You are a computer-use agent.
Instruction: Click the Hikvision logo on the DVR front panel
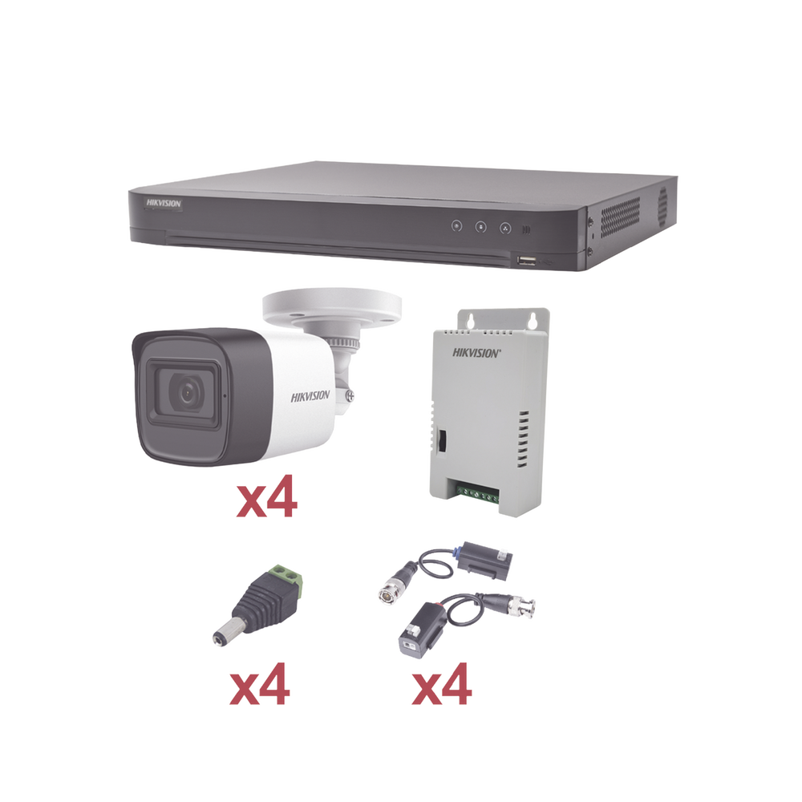pyautogui.click(x=164, y=205)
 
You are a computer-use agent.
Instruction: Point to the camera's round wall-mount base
pyautogui.click(x=330, y=309)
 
